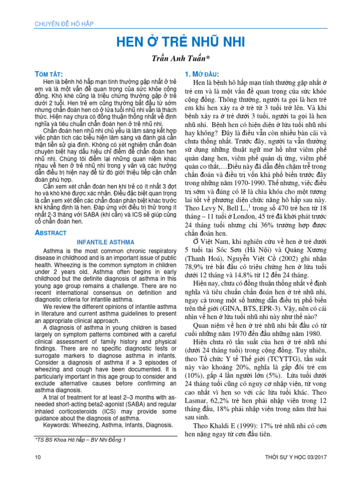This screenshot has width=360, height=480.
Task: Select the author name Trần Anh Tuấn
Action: click(180, 59)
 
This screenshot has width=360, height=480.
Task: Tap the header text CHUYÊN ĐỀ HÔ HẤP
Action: click(63, 24)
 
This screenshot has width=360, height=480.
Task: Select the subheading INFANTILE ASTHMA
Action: click(105, 242)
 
